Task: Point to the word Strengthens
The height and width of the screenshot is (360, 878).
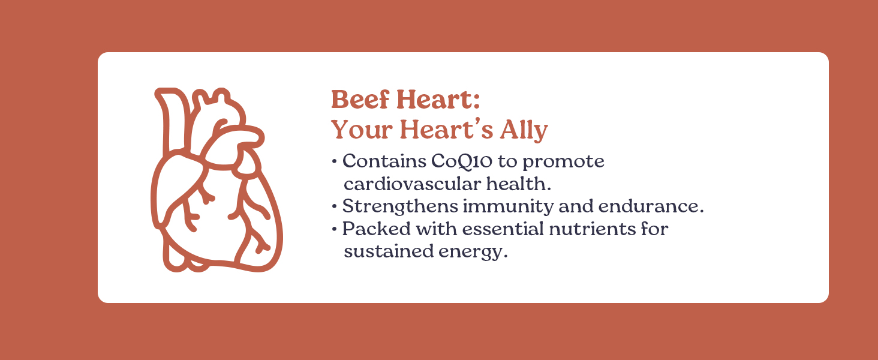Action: click(x=400, y=206)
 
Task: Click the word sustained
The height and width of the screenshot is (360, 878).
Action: click(x=385, y=251)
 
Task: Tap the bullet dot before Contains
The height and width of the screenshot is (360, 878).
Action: click(x=333, y=162)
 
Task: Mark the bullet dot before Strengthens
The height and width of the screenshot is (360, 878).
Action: click(x=333, y=206)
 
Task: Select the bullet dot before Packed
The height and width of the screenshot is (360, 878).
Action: click(x=333, y=229)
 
